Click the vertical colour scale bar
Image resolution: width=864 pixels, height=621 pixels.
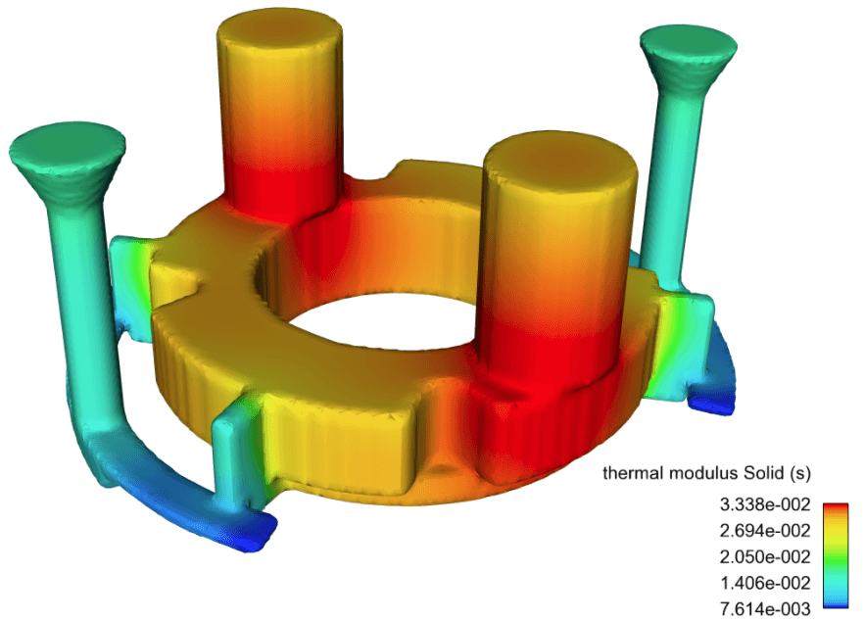[x=835, y=557]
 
